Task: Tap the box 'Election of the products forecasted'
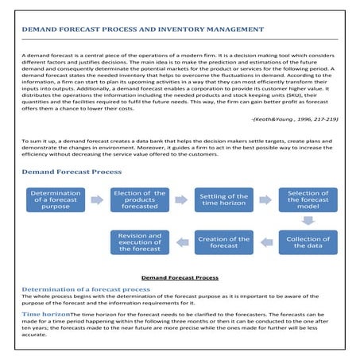(139, 203)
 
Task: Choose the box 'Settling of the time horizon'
(223, 203)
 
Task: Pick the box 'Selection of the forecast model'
(308, 203)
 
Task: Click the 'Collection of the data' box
(308, 242)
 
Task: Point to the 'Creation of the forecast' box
(223, 242)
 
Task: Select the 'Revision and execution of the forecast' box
(139, 242)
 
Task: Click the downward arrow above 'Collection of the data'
(308, 222)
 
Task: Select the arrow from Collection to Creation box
(265, 242)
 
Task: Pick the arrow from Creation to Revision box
(181, 242)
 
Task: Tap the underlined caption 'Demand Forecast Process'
(180, 278)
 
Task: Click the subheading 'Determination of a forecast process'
(85, 290)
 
